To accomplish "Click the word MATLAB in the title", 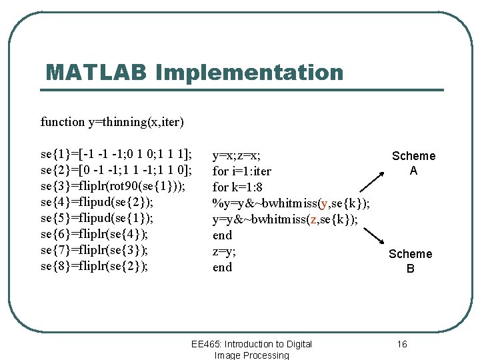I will pos(96,73).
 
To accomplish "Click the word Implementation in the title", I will pos(249,73).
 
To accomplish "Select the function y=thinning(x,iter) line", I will pos(112,122).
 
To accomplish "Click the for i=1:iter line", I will pos(241,171).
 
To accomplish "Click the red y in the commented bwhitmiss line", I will pos(324,203).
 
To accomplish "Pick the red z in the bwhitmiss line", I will pos(311,219).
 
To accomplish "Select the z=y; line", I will pos(224,251).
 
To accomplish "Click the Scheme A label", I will pos(413,163).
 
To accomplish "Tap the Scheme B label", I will pos(410,261).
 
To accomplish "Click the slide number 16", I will pos(401,344).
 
